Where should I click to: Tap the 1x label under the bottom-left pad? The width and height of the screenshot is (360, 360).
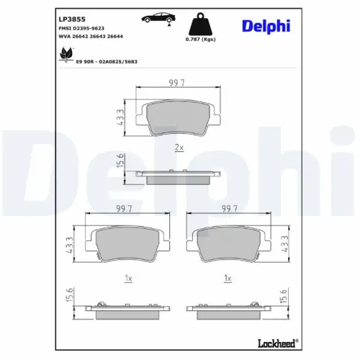tap(127, 277)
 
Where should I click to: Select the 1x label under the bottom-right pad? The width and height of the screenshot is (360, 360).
tap(229, 277)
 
